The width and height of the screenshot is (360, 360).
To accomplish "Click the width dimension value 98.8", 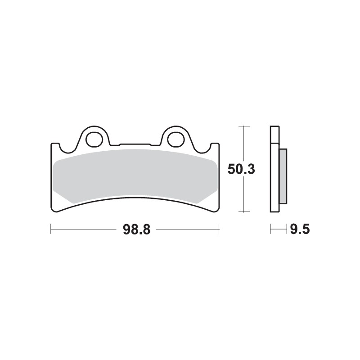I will pos(134,230).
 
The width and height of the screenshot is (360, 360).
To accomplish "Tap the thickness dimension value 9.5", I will pos(300,230).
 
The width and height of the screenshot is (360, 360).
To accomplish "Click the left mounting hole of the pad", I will pos(94,139).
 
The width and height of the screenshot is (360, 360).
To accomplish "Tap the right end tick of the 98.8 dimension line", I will pos(219,230).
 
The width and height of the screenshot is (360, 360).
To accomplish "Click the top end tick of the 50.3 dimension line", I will pos(243,126).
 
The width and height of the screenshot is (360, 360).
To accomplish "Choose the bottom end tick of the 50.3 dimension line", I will pos(243,211).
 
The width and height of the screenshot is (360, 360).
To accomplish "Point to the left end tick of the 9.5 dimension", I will pos(270,230).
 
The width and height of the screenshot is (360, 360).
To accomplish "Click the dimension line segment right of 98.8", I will pos(187,230).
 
